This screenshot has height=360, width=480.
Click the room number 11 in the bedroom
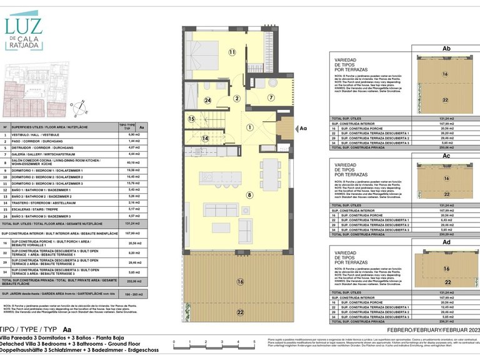[232, 52]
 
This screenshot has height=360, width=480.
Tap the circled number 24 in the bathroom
[207, 100]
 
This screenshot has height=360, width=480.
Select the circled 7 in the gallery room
[271, 97]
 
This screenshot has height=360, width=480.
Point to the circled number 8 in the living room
[249, 196]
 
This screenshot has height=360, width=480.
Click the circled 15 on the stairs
[192, 119]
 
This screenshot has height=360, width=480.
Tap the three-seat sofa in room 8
[221, 209]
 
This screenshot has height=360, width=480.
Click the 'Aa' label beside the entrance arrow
[304, 128]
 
